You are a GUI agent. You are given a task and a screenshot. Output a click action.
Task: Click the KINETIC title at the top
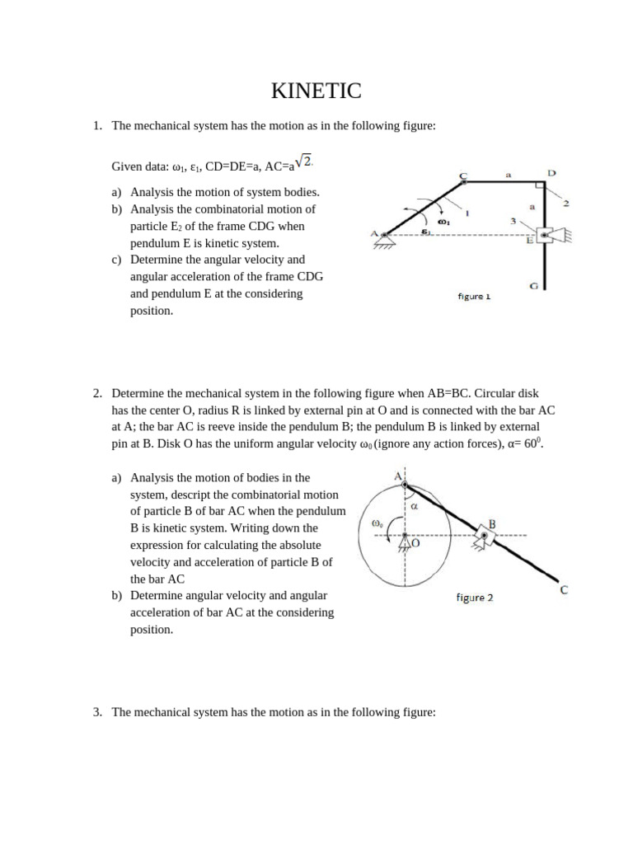pyautogui.click(x=316, y=91)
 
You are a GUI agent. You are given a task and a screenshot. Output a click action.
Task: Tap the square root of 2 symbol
pyautogui.click(x=304, y=162)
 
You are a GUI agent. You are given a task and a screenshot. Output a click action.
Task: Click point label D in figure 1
pyautogui.click(x=551, y=173)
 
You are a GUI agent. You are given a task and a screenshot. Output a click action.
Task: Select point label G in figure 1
pyautogui.click(x=534, y=286)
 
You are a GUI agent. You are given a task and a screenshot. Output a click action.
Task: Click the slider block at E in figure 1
pyautogui.click(x=545, y=235)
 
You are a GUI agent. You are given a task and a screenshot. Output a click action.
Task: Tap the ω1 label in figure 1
pyautogui.click(x=444, y=221)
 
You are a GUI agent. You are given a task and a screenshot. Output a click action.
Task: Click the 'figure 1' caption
pyautogui.click(x=474, y=297)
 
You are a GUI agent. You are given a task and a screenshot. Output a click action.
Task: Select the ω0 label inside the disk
pyautogui.click(x=377, y=523)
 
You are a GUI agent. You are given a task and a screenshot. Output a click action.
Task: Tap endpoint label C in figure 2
pyautogui.click(x=563, y=590)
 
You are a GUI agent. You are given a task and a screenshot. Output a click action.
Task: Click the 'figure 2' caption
pyautogui.click(x=475, y=598)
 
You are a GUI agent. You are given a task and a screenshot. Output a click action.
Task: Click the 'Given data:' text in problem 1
pyautogui.click(x=140, y=167)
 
